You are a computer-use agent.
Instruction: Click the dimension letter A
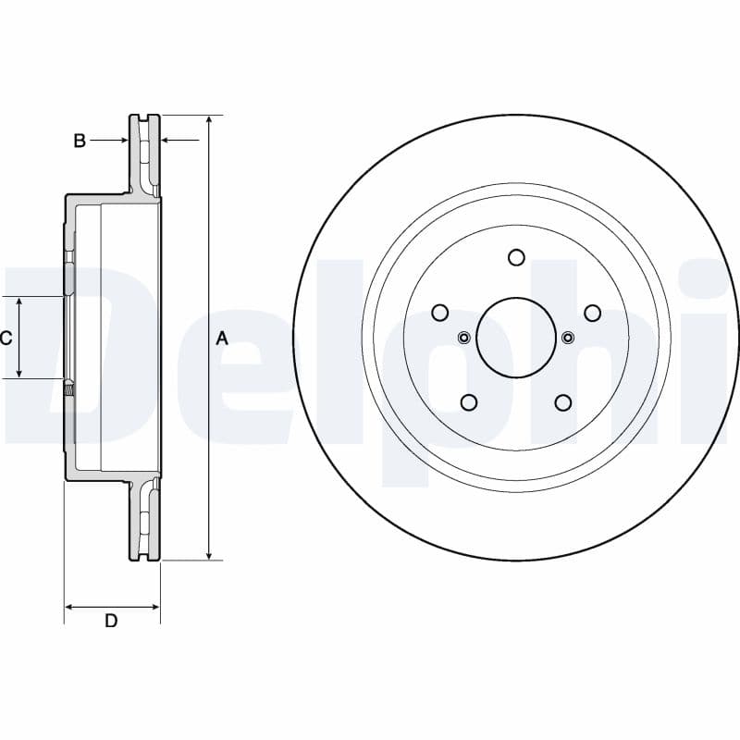coord(222,339)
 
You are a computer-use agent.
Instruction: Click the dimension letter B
coord(80,141)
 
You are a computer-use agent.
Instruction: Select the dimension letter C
coord(6,338)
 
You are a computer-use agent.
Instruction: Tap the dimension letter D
coord(111,621)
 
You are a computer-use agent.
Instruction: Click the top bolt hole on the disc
coord(516,257)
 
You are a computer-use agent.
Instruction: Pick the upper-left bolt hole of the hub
coord(440,313)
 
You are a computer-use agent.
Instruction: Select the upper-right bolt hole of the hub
coord(593,313)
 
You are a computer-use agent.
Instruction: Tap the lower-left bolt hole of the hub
coord(469,402)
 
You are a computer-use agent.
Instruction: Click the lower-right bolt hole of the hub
coord(563,402)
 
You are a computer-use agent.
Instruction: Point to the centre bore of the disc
coord(516,338)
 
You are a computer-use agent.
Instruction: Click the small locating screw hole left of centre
coord(464,338)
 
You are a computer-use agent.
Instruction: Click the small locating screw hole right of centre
coord(568,338)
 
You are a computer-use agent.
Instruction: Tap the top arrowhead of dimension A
coord(209,119)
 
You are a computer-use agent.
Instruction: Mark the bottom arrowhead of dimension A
coord(209,556)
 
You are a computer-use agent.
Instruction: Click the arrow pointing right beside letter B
coord(109,141)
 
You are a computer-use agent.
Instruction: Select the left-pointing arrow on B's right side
coord(180,141)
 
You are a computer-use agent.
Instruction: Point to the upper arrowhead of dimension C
coord(19,302)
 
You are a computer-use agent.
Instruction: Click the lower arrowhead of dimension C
coord(19,374)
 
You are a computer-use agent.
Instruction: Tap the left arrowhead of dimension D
coord(69,607)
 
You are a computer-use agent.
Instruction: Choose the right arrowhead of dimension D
coord(154,607)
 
